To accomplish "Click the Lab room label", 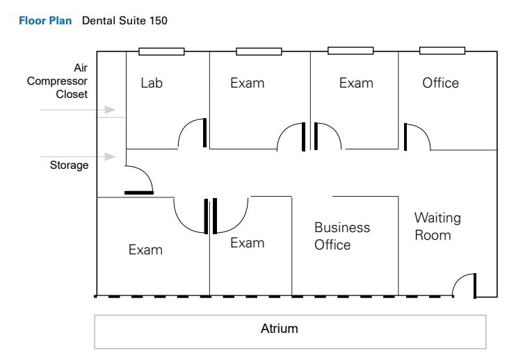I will click(152, 83).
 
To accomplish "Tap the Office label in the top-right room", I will click(440, 83).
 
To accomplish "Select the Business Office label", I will click(342, 236).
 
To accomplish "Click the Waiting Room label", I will click(437, 227).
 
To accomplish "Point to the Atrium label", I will click(279, 329).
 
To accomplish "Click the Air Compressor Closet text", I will click(58, 81).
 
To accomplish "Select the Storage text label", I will click(69, 165).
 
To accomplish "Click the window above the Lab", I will click(161, 51).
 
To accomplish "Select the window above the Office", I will click(442, 51).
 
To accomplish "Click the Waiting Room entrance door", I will click(464, 285).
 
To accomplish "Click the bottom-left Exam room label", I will click(145, 249).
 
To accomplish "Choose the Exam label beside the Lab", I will click(247, 83).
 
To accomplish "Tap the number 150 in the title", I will click(157, 21).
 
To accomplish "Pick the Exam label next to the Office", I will click(356, 83).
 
